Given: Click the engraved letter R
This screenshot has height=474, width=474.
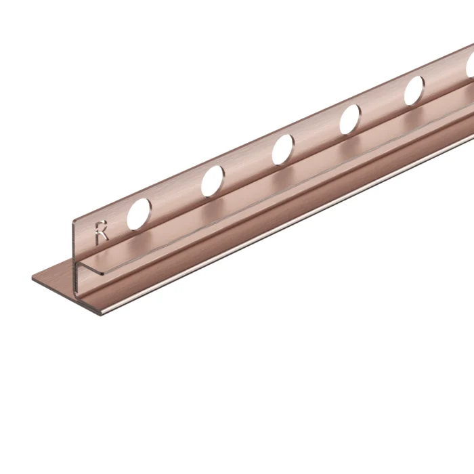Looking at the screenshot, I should (102, 232).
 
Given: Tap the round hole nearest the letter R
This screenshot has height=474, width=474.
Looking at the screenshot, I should (139, 213).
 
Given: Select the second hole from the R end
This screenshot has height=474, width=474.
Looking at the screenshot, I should (212, 181).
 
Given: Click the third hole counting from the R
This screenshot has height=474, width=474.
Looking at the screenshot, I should (283, 150).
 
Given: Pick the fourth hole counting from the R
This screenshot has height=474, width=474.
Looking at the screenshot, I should (350, 119).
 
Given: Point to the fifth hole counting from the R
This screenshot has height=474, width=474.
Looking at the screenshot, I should (414, 91).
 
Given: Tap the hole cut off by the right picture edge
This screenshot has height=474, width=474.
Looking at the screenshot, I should (470, 64).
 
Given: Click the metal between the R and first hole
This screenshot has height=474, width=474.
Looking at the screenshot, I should (118, 223).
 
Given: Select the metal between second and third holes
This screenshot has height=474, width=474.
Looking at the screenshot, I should (248, 166).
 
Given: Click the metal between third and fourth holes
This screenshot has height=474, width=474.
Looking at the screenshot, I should (317, 135).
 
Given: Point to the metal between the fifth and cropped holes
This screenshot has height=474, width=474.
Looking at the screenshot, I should (444, 78).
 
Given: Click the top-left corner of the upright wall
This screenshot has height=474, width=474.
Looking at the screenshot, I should (74, 221).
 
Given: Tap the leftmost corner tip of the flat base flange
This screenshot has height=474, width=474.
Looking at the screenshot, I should (33, 278).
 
